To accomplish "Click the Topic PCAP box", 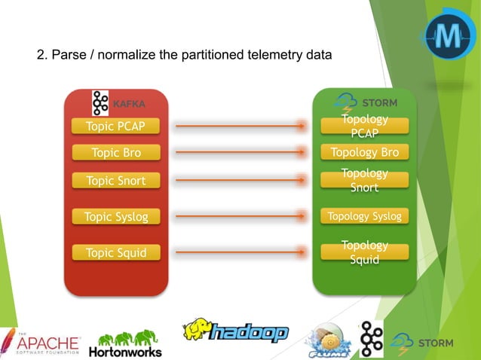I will tap(115, 126).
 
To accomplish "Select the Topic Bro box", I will tap(115, 153).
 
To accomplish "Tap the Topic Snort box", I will tap(115, 181).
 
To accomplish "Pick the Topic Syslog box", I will tap(115, 217).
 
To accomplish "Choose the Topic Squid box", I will tap(115, 253).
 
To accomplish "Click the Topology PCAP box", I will tap(364, 127).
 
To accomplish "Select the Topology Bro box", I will tap(364, 153).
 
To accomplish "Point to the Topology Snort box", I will tap(364, 181).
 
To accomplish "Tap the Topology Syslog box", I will tap(364, 217).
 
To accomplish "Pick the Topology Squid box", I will tap(364, 253).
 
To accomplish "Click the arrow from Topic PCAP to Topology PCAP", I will tap(240, 127).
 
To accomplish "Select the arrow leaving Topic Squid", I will tap(240, 253).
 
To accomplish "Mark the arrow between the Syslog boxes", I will tap(240, 217).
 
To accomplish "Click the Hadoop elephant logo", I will tap(235, 331).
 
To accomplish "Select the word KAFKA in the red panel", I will tap(128, 103).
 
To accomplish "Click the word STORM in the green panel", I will tap(380, 102).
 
